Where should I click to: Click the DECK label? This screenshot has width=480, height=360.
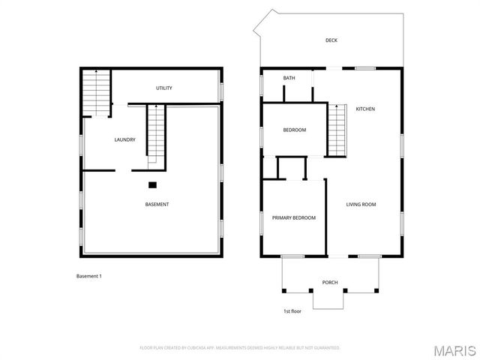click(x=331, y=40)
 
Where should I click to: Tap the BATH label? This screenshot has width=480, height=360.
click(x=289, y=78)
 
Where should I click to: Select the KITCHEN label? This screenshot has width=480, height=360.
click(x=365, y=109)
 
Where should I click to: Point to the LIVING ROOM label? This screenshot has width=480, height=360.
click(x=361, y=204)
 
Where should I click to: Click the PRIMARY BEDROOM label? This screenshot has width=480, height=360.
click(x=293, y=217)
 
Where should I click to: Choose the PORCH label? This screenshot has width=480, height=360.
click(x=330, y=283)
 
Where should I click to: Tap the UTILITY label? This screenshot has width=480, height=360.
click(x=164, y=88)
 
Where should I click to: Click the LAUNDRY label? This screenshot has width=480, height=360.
click(x=124, y=139)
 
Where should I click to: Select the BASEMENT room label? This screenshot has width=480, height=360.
click(x=157, y=205)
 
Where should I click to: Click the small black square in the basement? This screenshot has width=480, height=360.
click(x=152, y=184)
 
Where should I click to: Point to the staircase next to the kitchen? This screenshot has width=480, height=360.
click(x=337, y=130)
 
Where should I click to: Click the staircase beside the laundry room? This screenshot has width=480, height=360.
click(x=156, y=133)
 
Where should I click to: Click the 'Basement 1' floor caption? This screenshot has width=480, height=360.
click(x=89, y=276)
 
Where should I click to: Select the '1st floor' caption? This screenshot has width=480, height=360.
click(x=292, y=310)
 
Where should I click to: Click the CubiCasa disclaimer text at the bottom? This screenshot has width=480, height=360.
click(x=240, y=348)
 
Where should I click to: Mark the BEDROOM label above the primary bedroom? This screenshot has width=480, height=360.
click(x=294, y=130)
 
